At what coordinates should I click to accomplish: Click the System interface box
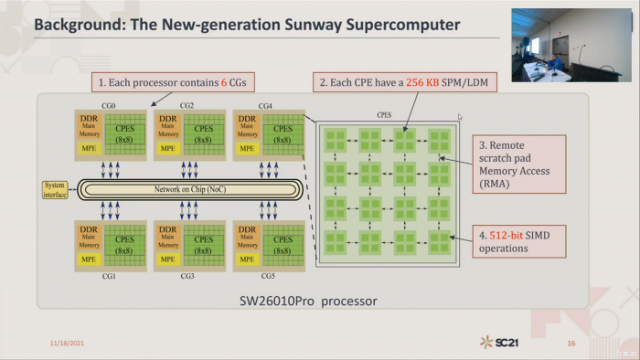55,188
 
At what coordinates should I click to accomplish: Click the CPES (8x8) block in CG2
203,134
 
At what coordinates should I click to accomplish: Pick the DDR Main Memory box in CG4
247,128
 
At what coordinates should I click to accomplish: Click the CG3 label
187,275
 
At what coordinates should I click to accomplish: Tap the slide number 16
571,344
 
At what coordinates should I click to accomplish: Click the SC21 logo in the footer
496,343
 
